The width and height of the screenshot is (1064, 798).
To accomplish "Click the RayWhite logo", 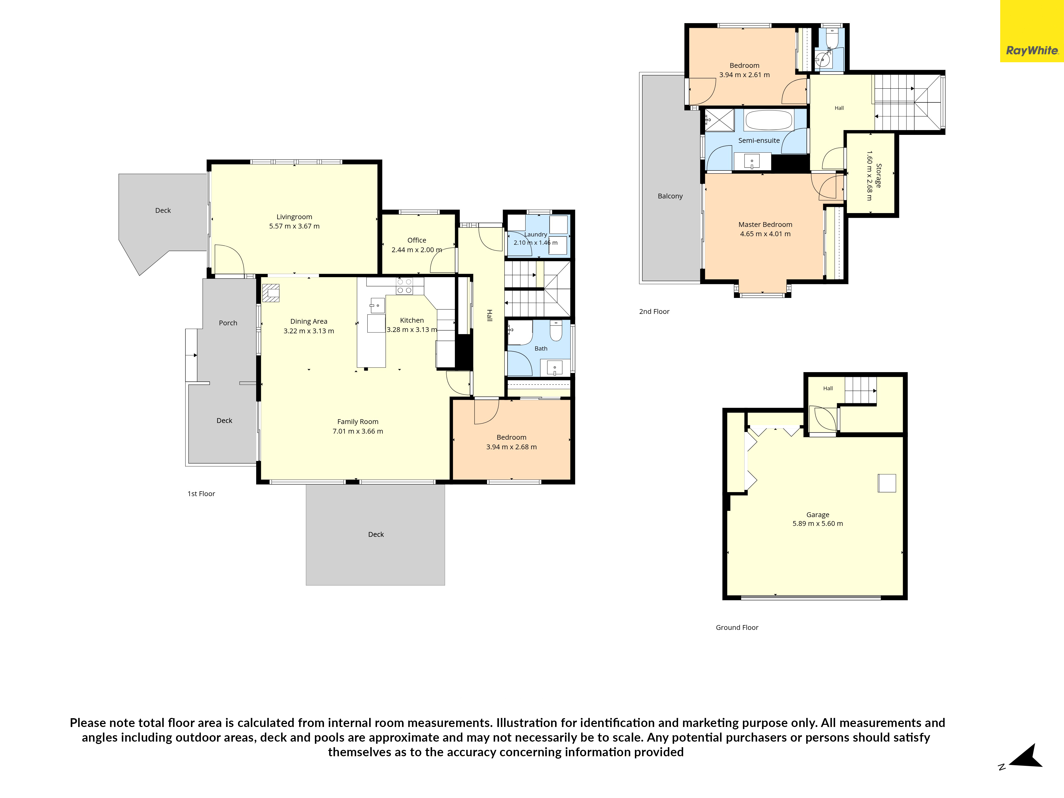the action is coord(1032,51).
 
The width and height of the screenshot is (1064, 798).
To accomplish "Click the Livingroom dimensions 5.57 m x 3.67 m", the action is coord(294,226).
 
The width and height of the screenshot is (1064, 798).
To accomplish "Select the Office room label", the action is coord(417,240).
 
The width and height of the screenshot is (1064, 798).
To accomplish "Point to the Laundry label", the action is coord(535,234).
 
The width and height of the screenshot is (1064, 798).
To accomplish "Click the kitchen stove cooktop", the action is coord(404,286).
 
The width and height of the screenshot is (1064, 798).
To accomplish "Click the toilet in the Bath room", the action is coord(556,330).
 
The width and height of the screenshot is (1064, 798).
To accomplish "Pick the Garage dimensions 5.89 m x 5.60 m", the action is coord(818,523).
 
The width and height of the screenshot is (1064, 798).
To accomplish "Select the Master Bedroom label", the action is coord(765,224).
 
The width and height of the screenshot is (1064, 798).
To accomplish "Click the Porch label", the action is coord(228,323).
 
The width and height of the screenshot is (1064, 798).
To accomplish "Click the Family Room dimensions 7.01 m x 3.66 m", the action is coord(358,431).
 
